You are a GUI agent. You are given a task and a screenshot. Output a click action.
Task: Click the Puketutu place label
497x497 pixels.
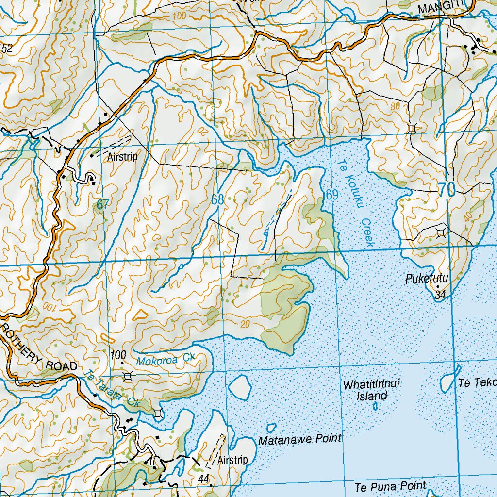pyautogui.click(x=427, y=279)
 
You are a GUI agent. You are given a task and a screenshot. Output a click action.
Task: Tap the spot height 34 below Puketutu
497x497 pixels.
pyautogui.click(x=440, y=295)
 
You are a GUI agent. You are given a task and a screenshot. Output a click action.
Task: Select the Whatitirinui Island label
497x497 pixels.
pyautogui.click(x=371, y=390)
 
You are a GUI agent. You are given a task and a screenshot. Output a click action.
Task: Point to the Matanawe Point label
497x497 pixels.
pyautogui.click(x=299, y=440)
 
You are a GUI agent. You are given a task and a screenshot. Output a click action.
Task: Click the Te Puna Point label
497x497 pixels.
pyautogui.click(x=390, y=486)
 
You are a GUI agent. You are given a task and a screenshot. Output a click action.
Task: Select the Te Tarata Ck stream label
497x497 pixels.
pyautogui.click(x=111, y=391)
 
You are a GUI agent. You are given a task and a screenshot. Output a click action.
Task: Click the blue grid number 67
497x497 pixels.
pyautogui.click(x=101, y=205)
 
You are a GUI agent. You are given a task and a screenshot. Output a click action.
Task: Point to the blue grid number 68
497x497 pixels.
pyautogui.click(x=218, y=199)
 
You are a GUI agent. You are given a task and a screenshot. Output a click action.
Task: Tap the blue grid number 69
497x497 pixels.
pyautogui.click(x=332, y=195)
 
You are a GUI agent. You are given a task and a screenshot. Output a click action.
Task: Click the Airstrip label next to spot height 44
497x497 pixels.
pyautogui.click(x=232, y=460)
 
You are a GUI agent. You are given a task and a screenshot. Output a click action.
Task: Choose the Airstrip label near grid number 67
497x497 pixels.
pyautogui.click(x=123, y=157)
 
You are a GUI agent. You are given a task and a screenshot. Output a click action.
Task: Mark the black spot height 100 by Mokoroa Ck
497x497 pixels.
pyautogui.click(x=118, y=355)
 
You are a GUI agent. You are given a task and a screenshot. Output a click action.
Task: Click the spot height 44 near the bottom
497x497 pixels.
pyautogui.click(x=203, y=479)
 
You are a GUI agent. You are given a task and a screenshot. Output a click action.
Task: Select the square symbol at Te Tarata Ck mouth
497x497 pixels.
pyautogui.click(x=158, y=414)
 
